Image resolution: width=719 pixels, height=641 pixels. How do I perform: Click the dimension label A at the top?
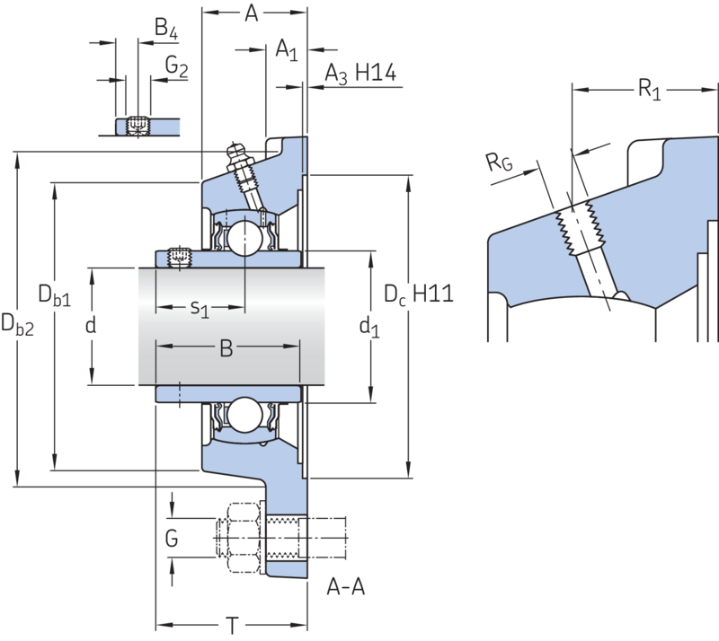(x=252, y=13)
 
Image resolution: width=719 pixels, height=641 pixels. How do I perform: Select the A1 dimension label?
(x=287, y=49)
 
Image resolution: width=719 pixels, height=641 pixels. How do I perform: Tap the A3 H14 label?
(x=360, y=74)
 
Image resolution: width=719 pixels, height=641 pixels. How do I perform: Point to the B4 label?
(x=166, y=29)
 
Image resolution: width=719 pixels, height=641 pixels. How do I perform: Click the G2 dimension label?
(x=176, y=66)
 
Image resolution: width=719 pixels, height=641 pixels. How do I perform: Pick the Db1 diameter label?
(x=55, y=294)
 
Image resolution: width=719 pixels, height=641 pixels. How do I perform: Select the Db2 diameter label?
(x=17, y=325)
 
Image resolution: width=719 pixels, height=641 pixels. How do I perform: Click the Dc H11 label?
(x=419, y=294)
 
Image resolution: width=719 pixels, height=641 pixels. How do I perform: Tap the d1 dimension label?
(x=369, y=327)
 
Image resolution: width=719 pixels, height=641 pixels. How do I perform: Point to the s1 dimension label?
(x=200, y=308)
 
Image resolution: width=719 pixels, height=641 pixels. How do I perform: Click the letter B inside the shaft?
(x=226, y=348)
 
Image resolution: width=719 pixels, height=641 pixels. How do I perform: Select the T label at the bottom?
(x=233, y=626)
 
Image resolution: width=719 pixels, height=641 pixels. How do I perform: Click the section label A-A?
(x=346, y=587)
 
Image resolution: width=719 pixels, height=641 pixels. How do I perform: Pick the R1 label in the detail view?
(x=650, y=90)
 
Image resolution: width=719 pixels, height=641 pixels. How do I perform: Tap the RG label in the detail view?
(x=499, y=162)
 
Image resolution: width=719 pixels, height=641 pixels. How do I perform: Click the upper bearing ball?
(x=244, y=238)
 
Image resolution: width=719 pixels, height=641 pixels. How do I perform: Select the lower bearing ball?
(x=244, y=415)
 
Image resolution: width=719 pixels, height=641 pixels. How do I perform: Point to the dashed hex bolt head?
(x=237, y=538)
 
